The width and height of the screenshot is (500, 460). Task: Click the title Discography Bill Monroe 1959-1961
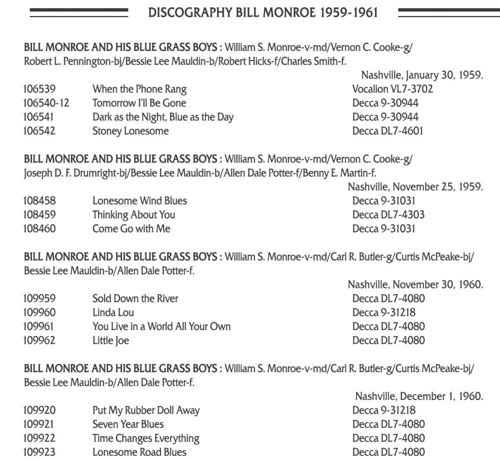point(263,12)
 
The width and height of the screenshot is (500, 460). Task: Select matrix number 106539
point(39,89)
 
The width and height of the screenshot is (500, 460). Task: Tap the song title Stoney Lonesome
point(130,131)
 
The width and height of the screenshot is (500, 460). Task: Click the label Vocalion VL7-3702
point(392,89)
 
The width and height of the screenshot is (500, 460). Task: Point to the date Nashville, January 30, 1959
point(421,75)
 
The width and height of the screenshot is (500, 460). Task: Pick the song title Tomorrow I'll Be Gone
point(139,103)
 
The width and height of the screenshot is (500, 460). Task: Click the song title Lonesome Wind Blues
point(139,201)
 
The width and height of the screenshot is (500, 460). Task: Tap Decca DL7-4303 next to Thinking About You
point(388,215)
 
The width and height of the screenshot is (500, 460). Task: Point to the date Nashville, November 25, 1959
point(415,187)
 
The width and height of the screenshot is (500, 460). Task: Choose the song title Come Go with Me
point(131,229)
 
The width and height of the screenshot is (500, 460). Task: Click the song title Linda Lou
point(113,313)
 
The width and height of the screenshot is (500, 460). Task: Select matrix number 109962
point(39,341)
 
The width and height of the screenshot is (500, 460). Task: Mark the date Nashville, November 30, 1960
point(415,285)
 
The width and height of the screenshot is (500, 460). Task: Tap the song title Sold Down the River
point(135,299)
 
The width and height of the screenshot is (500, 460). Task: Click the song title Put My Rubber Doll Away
point(145,410)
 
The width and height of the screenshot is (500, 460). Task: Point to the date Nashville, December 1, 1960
point(418,396)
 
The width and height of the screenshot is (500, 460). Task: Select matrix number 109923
point(39,452)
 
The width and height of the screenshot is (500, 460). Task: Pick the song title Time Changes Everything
point(145,438)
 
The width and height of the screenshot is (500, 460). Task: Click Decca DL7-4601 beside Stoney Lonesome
point(388,131)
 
